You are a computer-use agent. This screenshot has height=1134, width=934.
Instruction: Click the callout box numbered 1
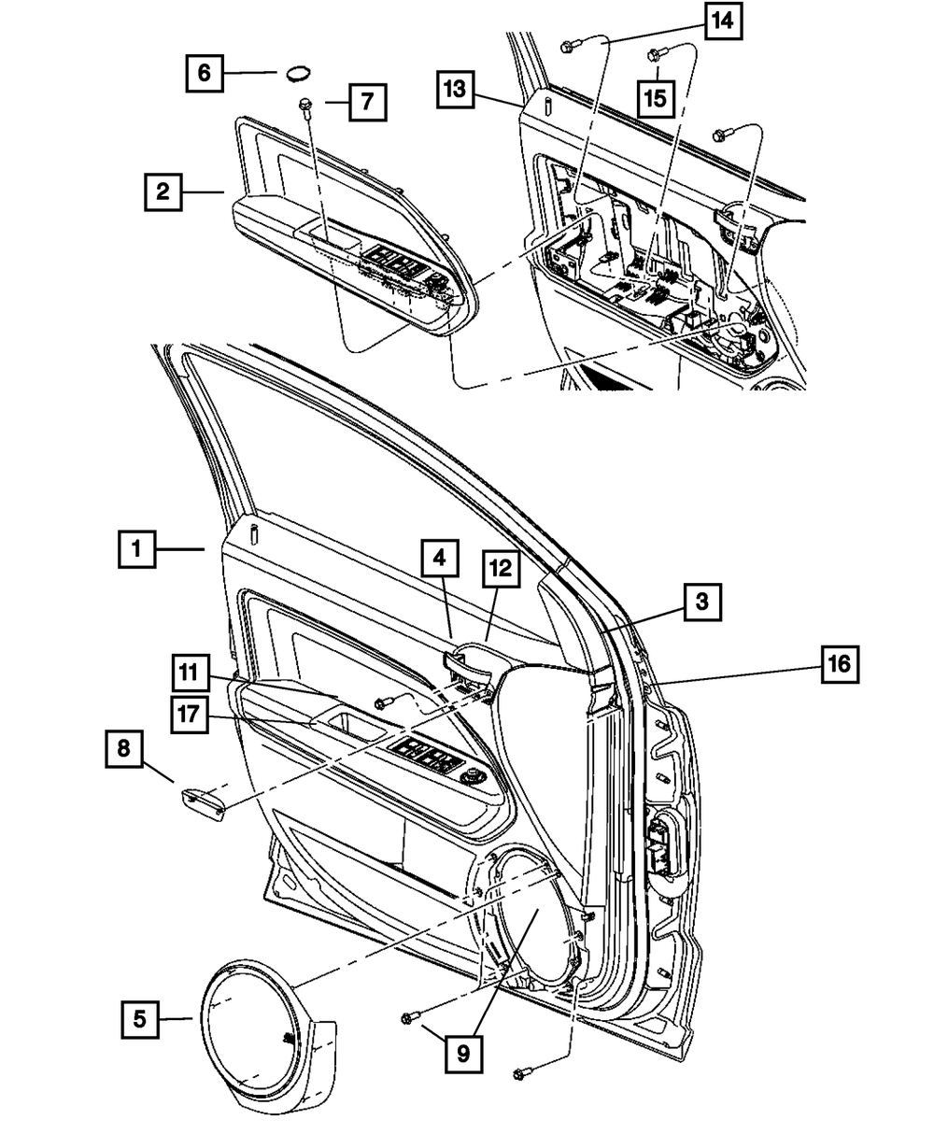[x=137, y=549]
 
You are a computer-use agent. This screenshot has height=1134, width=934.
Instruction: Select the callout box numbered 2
[x=163, y=192]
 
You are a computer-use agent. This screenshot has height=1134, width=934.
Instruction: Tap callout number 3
[x=701, y=602]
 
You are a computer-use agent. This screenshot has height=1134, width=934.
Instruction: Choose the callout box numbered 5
[x=139, y=1020]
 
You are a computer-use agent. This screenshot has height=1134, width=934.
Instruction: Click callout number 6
[x=205, y=72]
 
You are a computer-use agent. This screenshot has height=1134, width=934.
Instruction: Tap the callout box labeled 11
[x=190, y=673]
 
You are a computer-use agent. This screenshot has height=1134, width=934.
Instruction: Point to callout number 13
[x=455, y=91]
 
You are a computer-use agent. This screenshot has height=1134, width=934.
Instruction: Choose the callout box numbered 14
[x=723, y=21]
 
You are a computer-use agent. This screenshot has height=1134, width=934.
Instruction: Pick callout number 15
[x=657, y=96]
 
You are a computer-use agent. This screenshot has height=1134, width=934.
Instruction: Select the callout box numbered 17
[x=190, y=715]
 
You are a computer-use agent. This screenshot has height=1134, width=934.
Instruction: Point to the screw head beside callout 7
[x=305, y=105]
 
